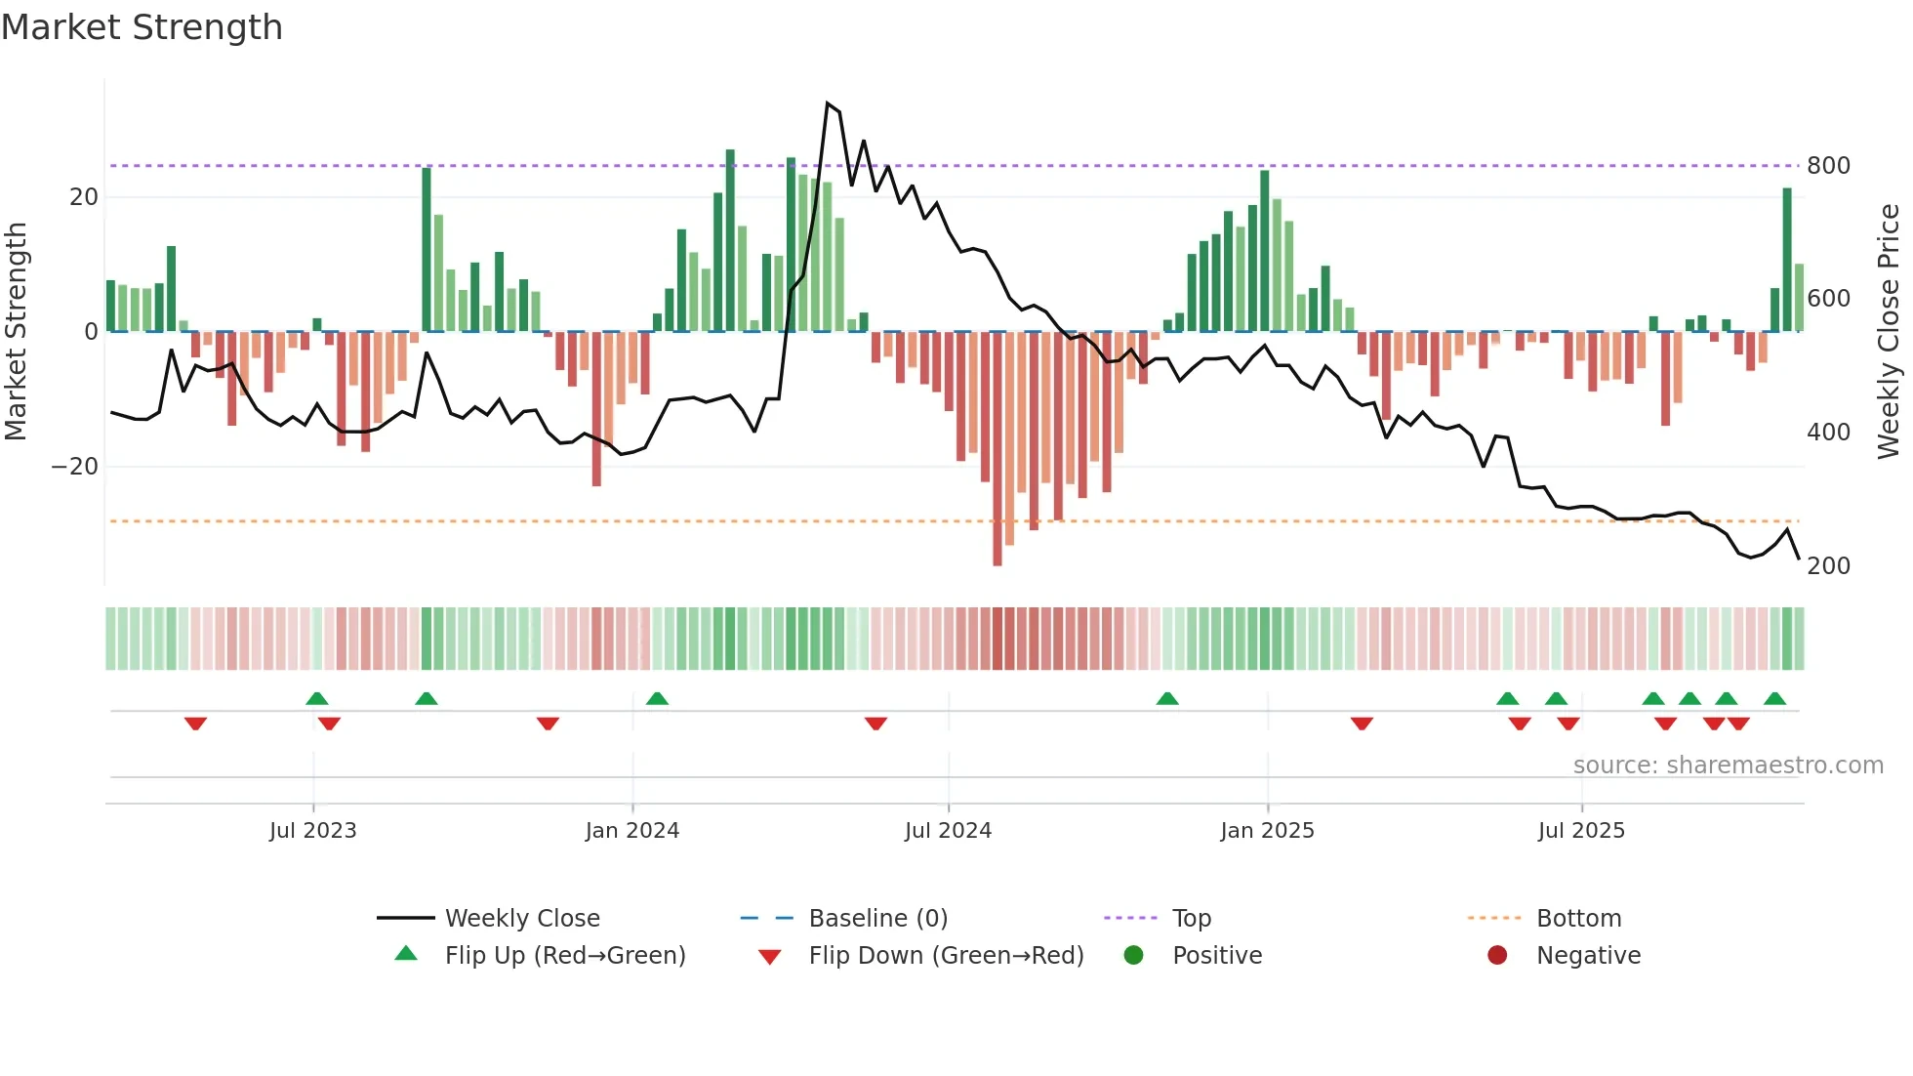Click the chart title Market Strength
(x=142, y=27)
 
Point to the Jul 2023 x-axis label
(x=312, y=831)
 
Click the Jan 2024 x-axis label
(x=631, y=831)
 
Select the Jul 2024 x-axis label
(x=948, y=831)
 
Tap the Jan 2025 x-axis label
(x=1267, y=831)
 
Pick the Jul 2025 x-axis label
(x=1581, y=831)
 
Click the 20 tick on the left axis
(x=84, y=197)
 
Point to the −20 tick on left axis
(x=75, y=467)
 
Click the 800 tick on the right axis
(x=1828, y=166)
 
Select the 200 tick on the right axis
(x=1828, y=566)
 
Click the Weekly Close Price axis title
(x=1889, y=332)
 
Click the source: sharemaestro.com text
(x=1728, y=766)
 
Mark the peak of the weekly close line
(x=828, y=103)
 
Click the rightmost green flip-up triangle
(x=1774, y=699)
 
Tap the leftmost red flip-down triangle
(x=195, y=724)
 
